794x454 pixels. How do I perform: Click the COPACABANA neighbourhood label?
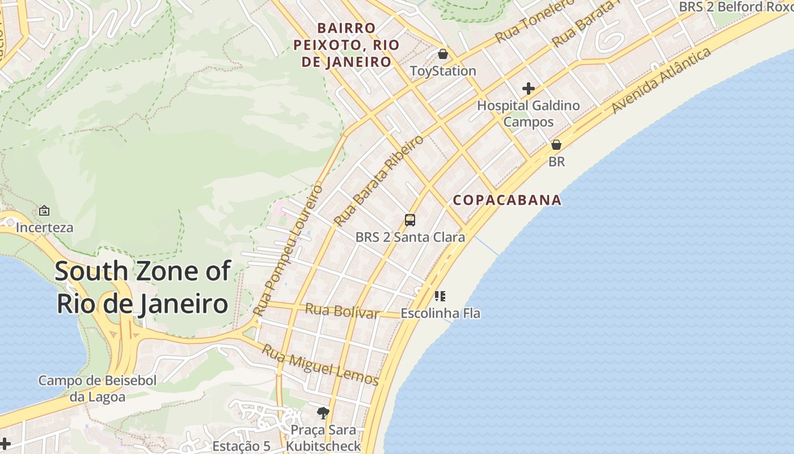click(x=507, y=200)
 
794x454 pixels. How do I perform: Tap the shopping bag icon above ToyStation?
click(x=442, y=54)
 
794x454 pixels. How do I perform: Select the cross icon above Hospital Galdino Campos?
click(x=529, y=89)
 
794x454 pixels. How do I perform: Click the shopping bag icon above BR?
click(x=556, y=145)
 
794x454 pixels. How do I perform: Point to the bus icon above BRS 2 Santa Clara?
click(x=410, y=220)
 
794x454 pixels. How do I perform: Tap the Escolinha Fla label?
click(x=440, y=313)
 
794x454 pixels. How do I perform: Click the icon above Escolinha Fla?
click(x=440, y=296)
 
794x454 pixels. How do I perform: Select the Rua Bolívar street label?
click(x=342, y=311)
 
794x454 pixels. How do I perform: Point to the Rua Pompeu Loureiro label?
click(x=288, y=250)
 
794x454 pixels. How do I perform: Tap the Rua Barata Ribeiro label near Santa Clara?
click(x=379, y=180)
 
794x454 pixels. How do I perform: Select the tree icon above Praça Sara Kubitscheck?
click(x=323, y=413)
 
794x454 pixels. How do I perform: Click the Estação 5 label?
click(x=241, y=446)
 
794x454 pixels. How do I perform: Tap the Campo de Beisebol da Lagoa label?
click(x=97, y=388)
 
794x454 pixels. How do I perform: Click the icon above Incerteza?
click(x=44, y=211)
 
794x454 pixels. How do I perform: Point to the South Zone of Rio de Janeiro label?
click(x=142, y=287)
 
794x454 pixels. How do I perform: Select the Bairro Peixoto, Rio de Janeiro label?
click(x=347, y=45)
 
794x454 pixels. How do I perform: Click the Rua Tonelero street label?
click(x=535, y=22)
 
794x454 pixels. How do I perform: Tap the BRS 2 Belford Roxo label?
click(x=736, y=7)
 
